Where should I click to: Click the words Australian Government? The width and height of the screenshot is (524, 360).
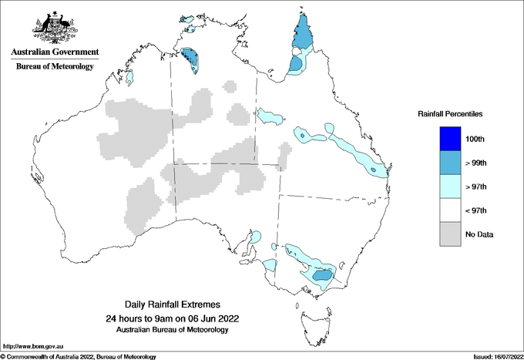coord(54,52)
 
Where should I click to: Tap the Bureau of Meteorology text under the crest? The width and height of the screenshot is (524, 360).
coord(54,66)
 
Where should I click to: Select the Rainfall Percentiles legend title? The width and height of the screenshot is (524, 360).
coord(450,113)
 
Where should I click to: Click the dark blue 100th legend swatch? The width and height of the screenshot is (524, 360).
coord(445,139)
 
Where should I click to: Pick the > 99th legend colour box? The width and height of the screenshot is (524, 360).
coord(445,163)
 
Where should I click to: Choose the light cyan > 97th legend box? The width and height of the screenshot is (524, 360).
coord(445,187)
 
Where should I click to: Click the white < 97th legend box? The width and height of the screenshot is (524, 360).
coord(445,210)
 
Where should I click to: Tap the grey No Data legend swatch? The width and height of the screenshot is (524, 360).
coord(445,234)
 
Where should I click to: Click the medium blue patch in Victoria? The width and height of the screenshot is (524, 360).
coord(323,274)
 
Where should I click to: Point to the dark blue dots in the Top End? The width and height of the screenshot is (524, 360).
coord(190,59)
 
